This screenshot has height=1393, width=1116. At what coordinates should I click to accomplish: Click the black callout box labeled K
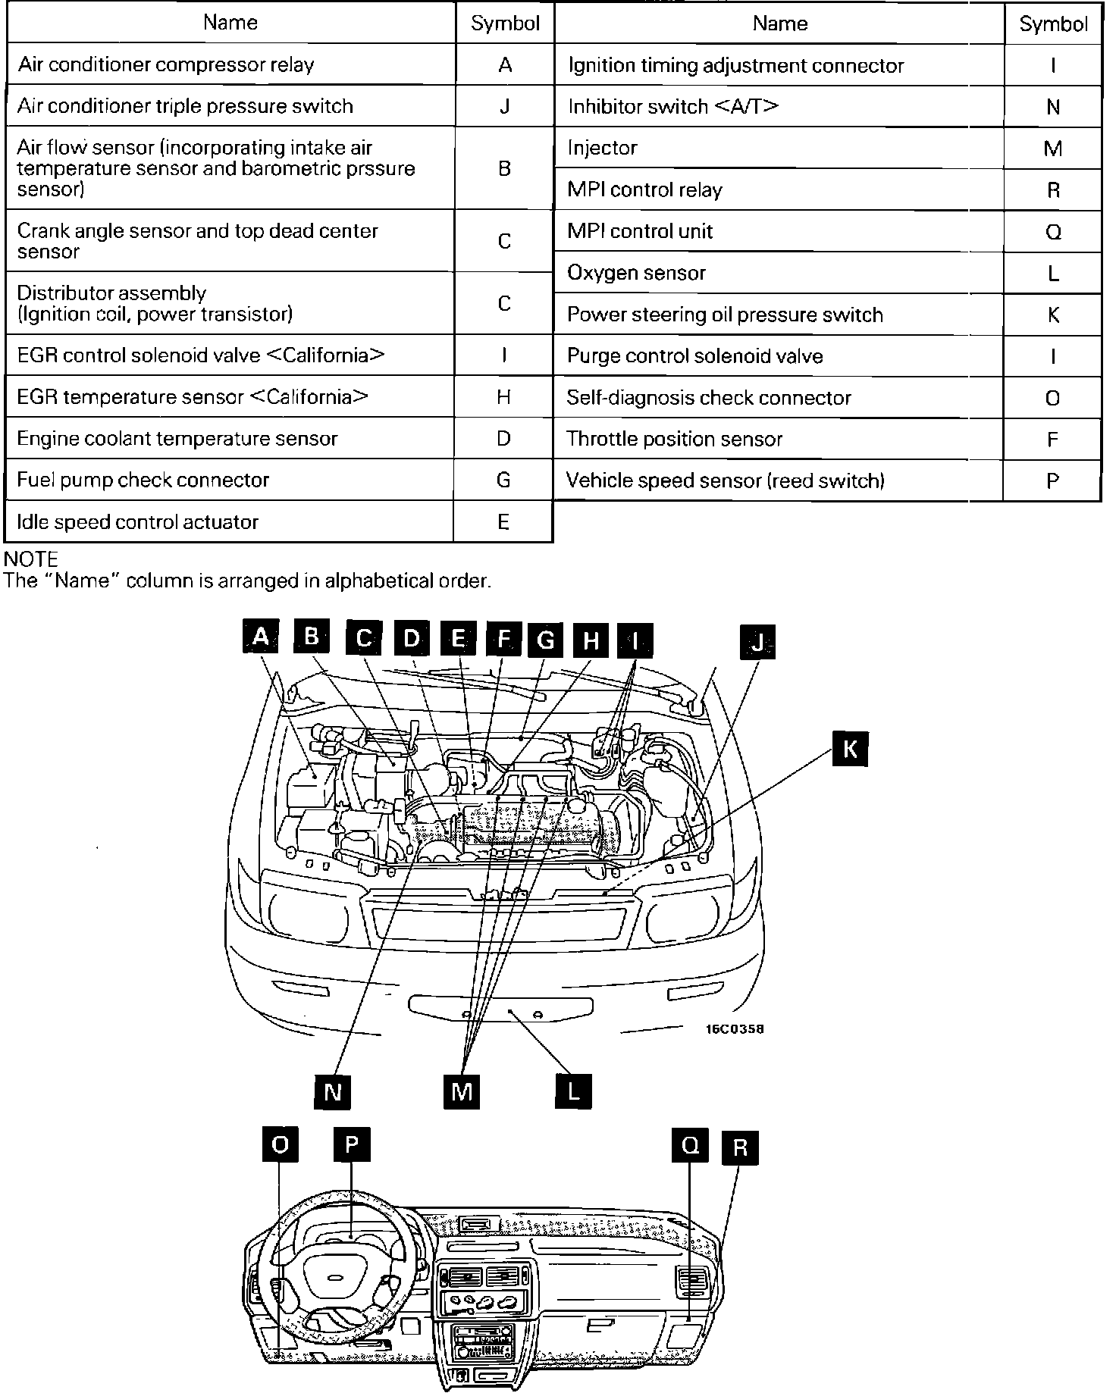[x=850, y=750]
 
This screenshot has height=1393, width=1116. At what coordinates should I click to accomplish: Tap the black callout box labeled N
[x=332, y=1092]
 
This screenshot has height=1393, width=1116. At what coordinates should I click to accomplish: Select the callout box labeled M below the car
[x=461, y=1092]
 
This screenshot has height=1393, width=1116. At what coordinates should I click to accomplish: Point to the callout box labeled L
[x=572, y=1092]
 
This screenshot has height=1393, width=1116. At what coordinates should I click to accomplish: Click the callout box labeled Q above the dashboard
[x=690, y=1145]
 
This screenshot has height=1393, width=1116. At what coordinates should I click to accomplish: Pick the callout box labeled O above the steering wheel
[x=280, y=1145]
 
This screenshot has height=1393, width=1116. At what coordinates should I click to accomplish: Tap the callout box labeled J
[x=757, y=643]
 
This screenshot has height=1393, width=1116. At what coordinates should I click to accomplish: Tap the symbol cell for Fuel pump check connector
[x=503, y=480]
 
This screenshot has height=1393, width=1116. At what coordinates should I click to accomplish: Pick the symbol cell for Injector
[x=1052, y=149]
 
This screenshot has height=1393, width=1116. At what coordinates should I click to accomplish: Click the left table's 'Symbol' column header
[x=505, y=23]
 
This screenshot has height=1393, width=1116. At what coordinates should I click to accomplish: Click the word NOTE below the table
[x=31, y=559]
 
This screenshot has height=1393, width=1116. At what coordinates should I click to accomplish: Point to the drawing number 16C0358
[x=735, y=1029]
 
